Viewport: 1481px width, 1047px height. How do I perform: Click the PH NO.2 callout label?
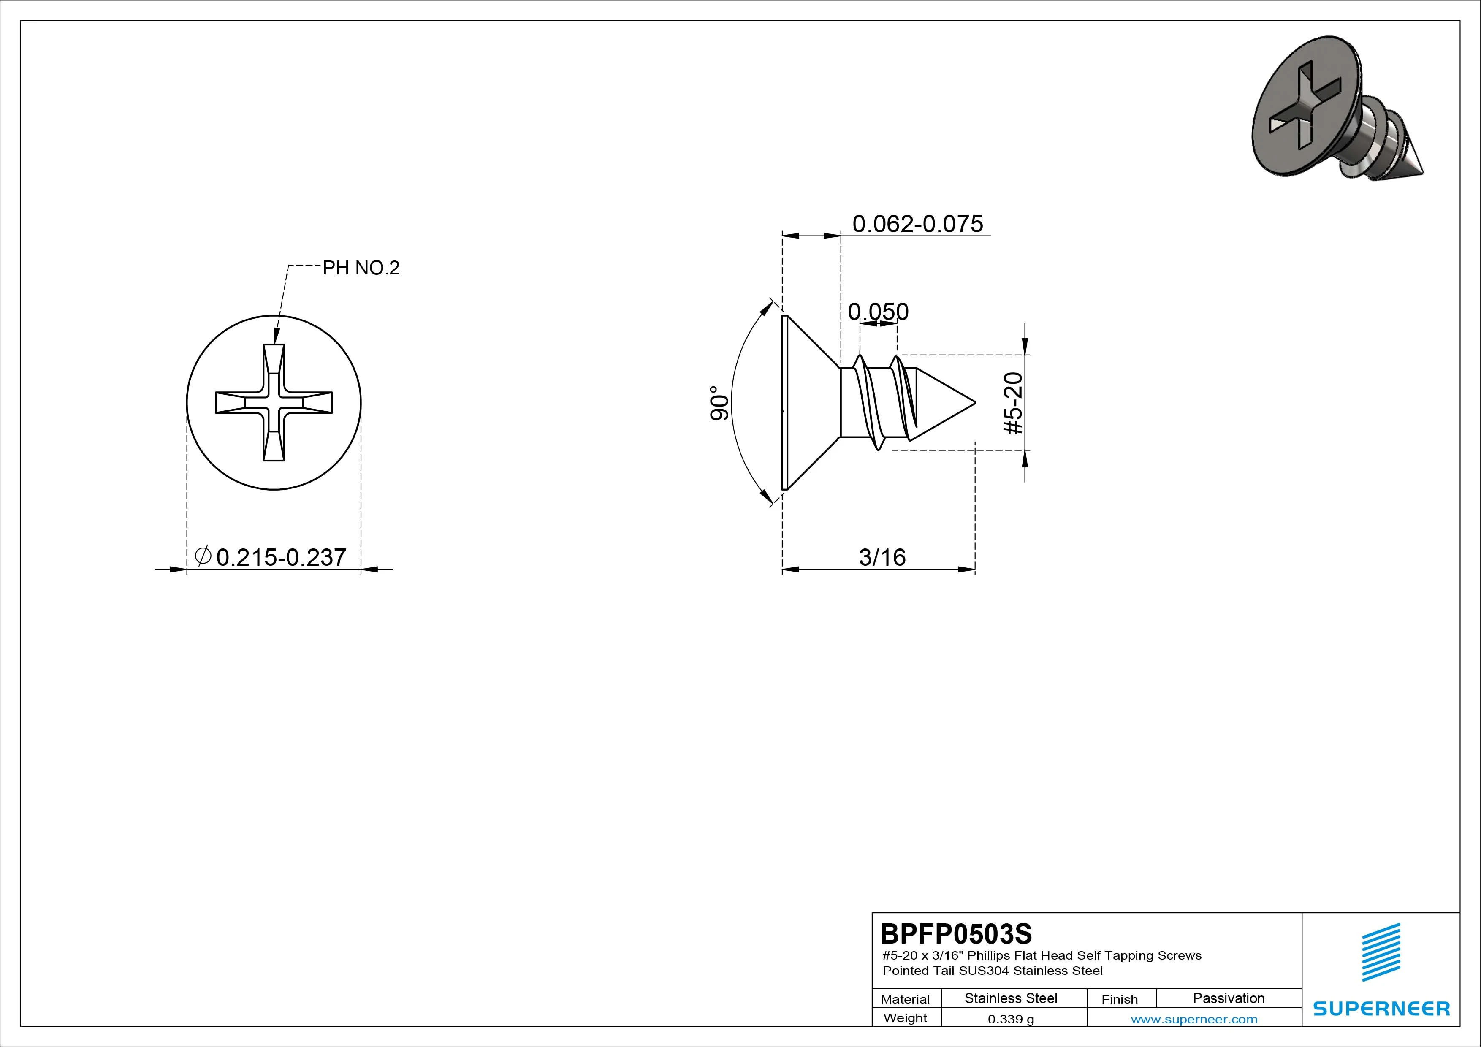[361, 268]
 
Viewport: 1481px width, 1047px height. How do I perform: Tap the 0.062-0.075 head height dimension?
[918, 224]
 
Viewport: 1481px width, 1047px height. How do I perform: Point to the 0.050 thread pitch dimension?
[878, 312]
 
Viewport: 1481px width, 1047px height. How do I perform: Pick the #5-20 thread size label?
[1013, 403]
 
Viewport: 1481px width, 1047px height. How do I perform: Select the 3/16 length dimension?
[882, 557]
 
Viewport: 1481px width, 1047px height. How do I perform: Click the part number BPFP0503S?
[956, 933]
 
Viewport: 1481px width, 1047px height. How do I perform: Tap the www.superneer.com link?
[1194, 1019]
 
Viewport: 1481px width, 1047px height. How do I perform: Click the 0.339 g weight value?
[1011, 1019]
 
